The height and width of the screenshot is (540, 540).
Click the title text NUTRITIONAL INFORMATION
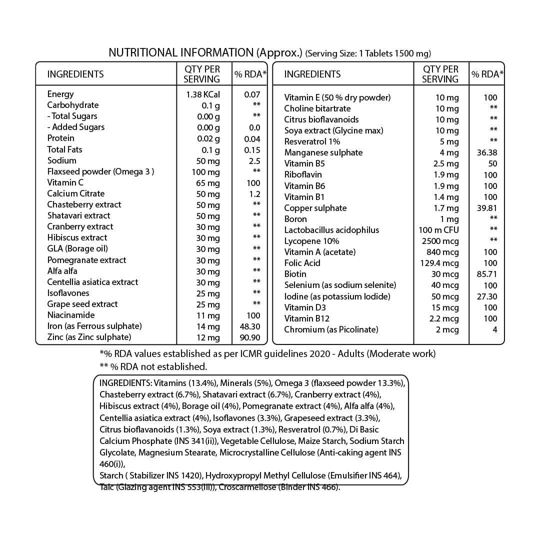[181, 52]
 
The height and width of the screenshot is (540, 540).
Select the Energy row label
[60, 94]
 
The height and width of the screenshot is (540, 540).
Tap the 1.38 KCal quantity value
[202, 94]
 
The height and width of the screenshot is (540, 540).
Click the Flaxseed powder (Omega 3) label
[100, 171]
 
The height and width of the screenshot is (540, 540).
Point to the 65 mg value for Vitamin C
[207, 183]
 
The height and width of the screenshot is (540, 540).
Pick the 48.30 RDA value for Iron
[250, 326]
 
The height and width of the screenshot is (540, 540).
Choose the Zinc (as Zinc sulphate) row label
[89, 337]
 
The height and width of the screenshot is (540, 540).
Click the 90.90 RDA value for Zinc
[250, 337]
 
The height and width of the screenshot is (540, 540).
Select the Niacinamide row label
[70, 315]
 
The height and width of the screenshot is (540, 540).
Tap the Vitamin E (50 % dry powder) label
[337, 97]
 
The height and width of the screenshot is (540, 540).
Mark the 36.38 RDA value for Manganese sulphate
[487, 152]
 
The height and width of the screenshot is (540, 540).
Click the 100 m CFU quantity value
[438, 230]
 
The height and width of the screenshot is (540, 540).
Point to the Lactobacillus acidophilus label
[331, 230]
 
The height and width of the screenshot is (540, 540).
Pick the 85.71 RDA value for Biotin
[487, 274]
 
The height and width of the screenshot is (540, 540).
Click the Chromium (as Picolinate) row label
[331, 329]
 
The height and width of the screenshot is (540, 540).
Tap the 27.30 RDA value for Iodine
[487, 296]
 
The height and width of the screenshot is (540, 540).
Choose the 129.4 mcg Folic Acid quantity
[440, 263]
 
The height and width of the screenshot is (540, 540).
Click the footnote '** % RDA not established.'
[153, 366]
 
